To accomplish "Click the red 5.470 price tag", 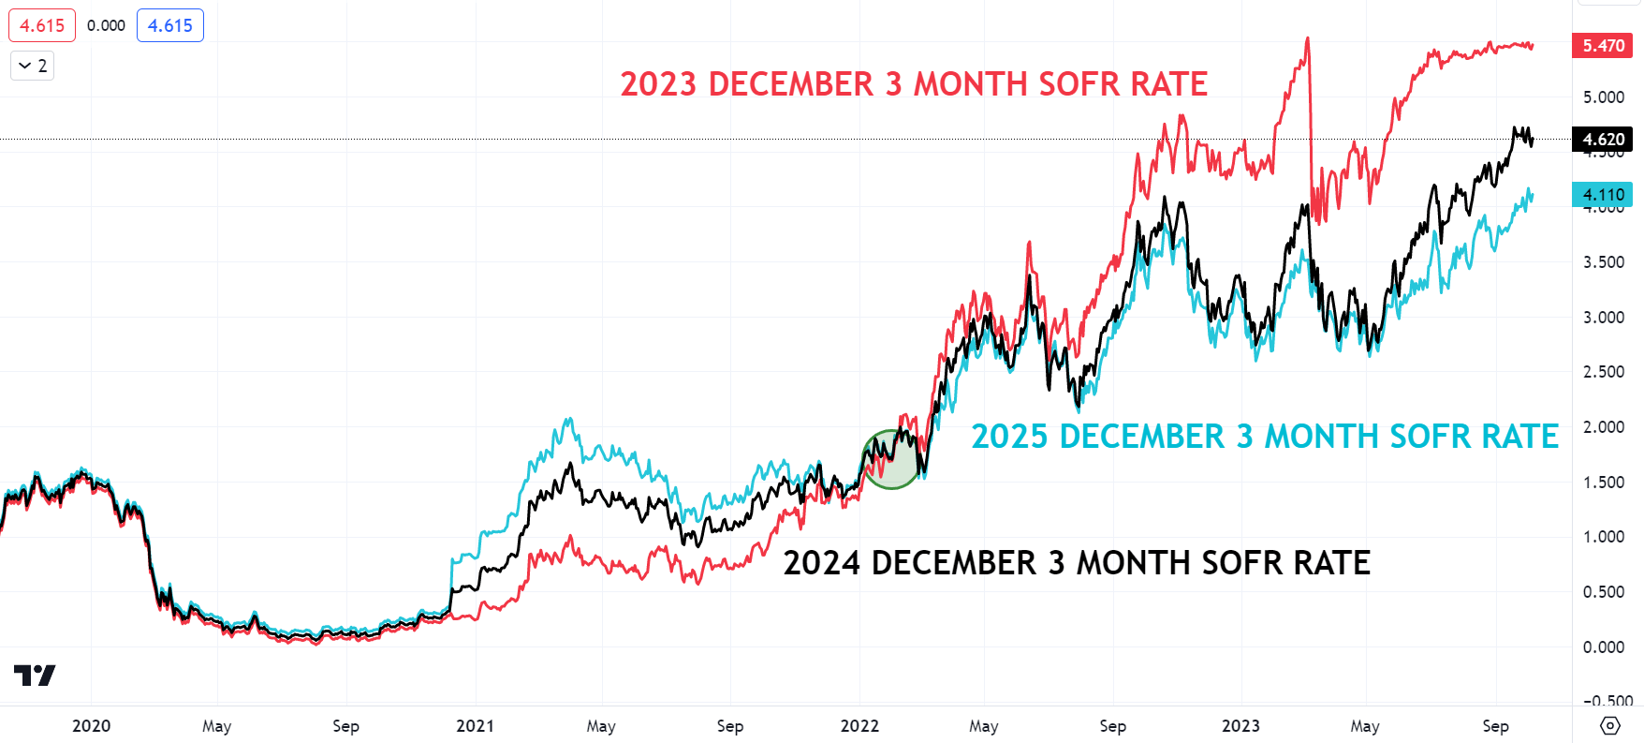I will pyautogui.click(x=1603, y=45).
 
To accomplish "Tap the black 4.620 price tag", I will pyautogui.click(x=1603, y=140).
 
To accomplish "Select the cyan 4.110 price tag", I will pyautogui.click(x=1603, y=195).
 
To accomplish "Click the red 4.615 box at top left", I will pyautogui.click(x=42, y=25).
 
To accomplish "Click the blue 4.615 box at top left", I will pyautogui.click(x=170, y=25).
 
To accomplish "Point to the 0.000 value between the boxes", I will pyautogui.click(x=106, y=25).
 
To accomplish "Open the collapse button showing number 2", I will pyautogui.click(x=33, y=66).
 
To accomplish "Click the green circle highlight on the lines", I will pyautogui.click(x=891, y=459).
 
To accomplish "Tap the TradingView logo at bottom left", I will pyautogui.click(x=35, y=675).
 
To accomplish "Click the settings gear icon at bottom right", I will pyautogui.click(x=1609, y=725).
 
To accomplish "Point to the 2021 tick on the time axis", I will pyautogui.click(x=475, y=726).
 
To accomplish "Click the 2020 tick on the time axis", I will pyautogui.click(x=91, y=726).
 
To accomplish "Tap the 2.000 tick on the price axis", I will pyautogui.click(x=1603, y=427).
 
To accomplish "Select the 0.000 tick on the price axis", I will pyautogui.click(x=1603, y=647).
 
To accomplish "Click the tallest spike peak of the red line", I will pyautogui.click(x=1307, y=39).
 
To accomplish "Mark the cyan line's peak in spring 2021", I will pyautogui.click(x=568, y=420).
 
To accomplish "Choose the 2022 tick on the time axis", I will pyautogui.click(x=859, y=726).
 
